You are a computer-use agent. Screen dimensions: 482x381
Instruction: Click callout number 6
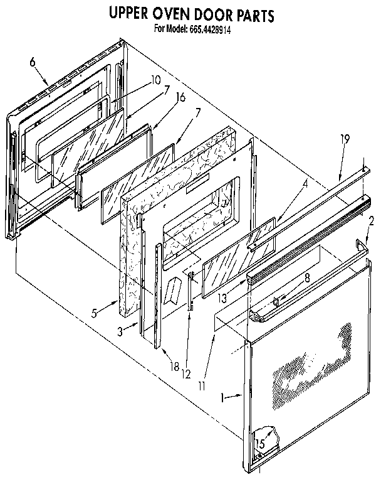point(33,62)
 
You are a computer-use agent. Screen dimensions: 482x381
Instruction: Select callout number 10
point(155,80)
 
